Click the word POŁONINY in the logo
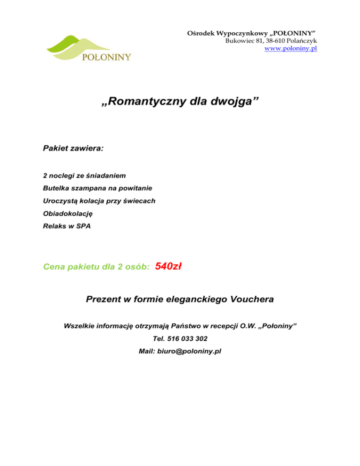coord(106,57)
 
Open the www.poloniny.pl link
coord(291,48)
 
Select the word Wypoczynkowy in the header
coord(229,32)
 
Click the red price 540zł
coord(168,267)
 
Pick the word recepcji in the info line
coord(217,325)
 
